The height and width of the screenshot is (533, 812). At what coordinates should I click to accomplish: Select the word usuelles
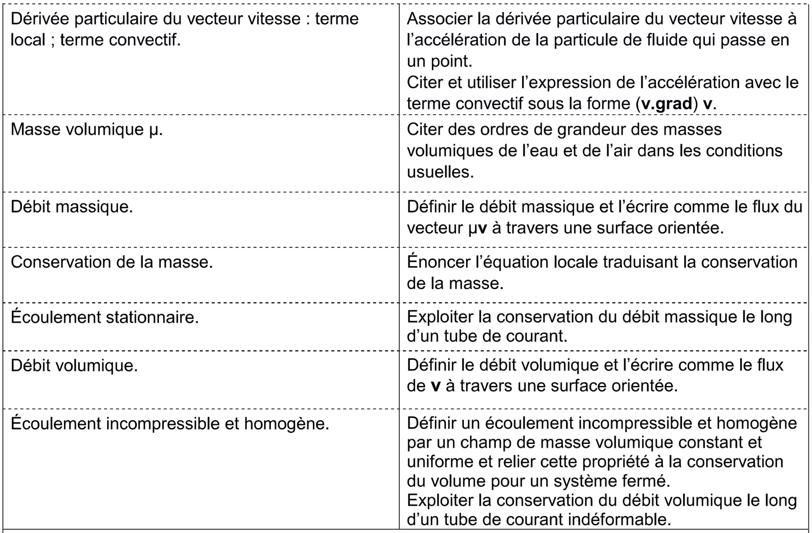click(x=440, y=172)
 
